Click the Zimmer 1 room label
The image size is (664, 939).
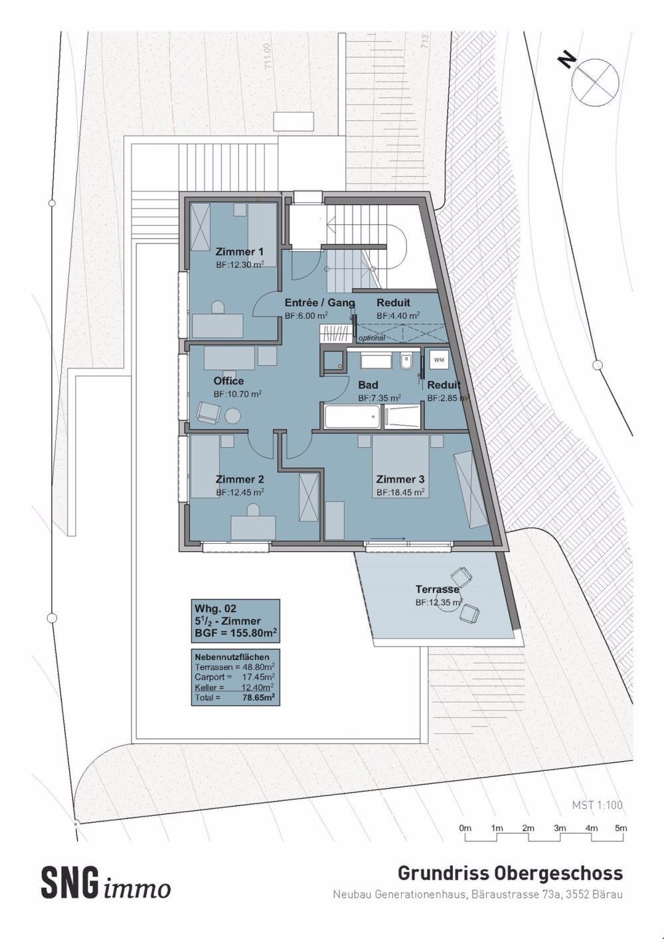(239, 252)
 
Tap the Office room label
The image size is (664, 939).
(228, 381)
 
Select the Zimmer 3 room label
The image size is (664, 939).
(400, 479)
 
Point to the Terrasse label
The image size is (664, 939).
(437, 590)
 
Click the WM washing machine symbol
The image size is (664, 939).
(439, 360)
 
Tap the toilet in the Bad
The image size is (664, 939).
(407, 362)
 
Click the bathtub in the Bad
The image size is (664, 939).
(353, 416)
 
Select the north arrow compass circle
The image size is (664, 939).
(596, 80)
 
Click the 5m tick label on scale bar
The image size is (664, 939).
(620, 828)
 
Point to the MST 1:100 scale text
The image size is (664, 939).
(597, 805)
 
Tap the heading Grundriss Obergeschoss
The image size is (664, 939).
(510, 873)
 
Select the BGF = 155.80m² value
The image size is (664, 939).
(235, 632)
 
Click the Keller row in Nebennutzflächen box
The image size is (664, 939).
(234, 688)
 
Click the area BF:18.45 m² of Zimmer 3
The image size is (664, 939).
(400, 493)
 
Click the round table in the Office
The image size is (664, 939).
(233, 416)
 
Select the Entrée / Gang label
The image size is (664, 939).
(319, 303)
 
